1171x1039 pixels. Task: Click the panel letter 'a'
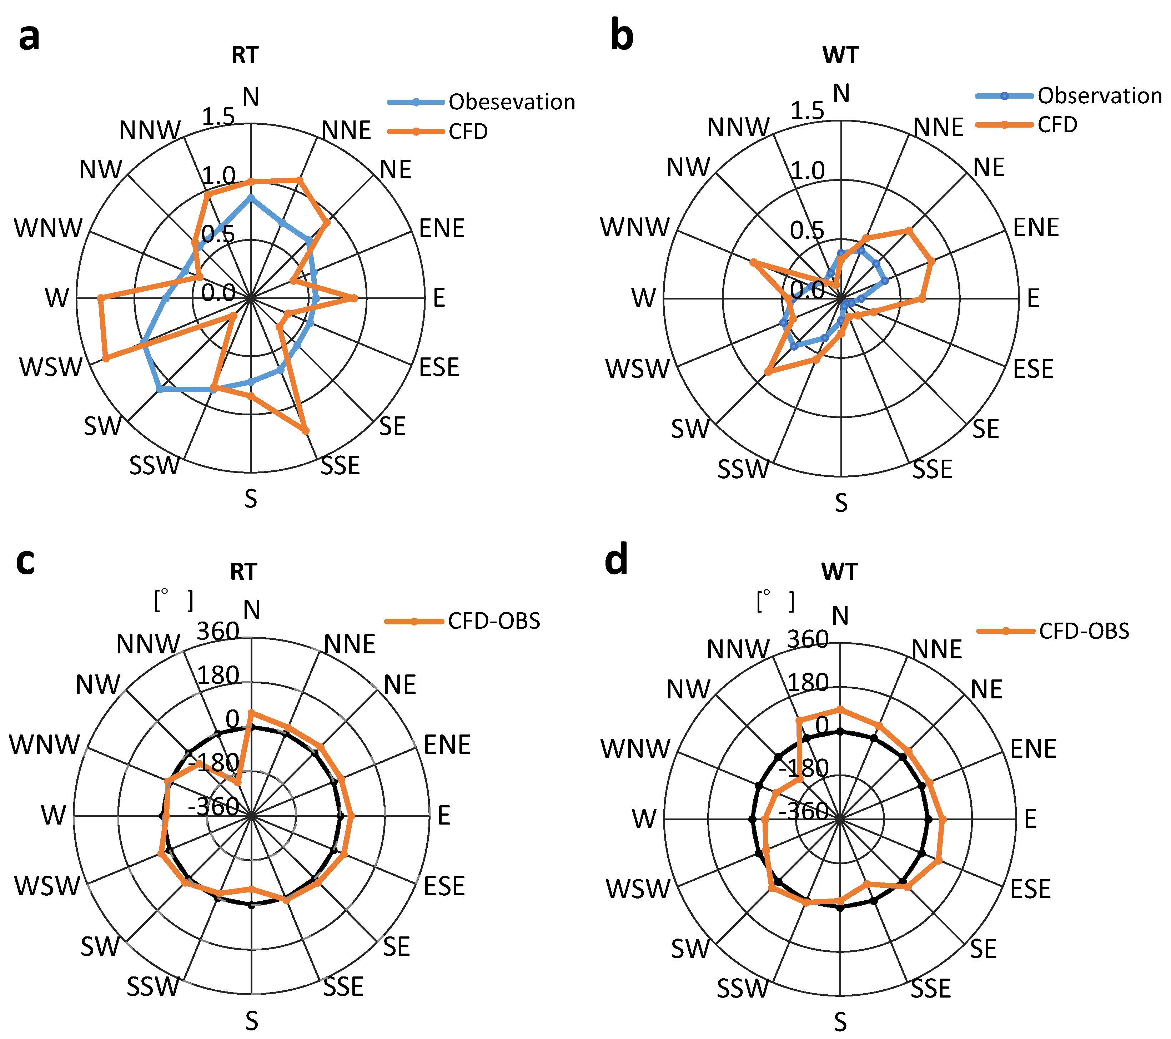pos(29,37)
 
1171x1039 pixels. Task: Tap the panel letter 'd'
pos(617,559)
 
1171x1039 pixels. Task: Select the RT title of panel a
pos(245,55)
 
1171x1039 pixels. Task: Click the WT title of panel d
pos(839,572)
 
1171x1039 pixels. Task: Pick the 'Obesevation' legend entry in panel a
pos(511,102)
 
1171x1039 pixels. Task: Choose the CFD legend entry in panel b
pos(1057,124)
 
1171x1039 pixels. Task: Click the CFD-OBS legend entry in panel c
pos(493,620)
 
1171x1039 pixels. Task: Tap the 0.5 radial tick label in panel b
pos(806,231)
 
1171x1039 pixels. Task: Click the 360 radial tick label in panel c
pos(218,631)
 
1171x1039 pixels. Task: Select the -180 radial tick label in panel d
pos(803,768)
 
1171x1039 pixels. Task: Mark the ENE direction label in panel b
pos(1036,228)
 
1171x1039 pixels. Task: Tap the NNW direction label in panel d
pos(738,649)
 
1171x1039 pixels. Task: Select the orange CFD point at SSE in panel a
pos(305,431)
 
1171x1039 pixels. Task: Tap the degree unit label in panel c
pos(174,600)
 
